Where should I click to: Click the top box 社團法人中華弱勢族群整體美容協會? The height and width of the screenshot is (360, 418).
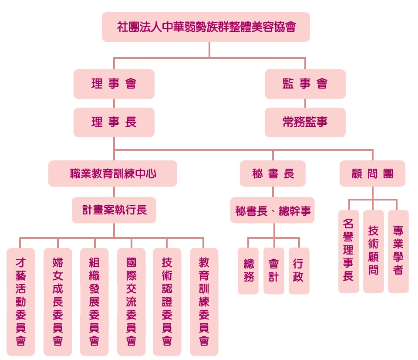pyautogui.click(x=206, y=27)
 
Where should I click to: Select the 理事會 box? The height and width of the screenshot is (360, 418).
pyautogui.click(x=114, y=84)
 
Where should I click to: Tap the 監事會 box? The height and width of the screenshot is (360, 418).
pyautogui.click(x=305, y=84)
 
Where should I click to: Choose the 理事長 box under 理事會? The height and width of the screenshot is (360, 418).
pyautogui.click(x=114, y=122)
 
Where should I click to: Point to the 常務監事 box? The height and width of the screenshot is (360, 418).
pyautogui.click(x=305, y=122)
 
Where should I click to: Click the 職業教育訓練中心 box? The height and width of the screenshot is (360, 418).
pyautogui.click(x=113, y=173)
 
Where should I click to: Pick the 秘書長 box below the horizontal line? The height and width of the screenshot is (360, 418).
pyautogui.click(x=273, y=173)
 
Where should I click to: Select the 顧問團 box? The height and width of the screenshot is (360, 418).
pyautogui.click(x=372, y=173)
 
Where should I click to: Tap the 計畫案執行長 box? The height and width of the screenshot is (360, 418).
pyautogui.click(x=114, y=210)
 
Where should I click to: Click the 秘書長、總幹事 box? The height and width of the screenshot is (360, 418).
pyautogui.click(x=273, y=211)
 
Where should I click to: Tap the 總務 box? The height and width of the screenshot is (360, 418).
pyautogui.click(x=248, y=271)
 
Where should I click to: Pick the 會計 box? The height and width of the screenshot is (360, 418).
pyautogui.click(x=273, y=271)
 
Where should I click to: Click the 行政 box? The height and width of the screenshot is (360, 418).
pyautogui.click(x=299, y=271)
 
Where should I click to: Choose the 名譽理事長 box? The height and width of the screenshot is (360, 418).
pyautogui.click(x=348, y=251)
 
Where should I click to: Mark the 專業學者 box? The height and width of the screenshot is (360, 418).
pyautogui.click(x=398, y=251)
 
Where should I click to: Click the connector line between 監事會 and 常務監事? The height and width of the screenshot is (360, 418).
pyautogui.click(x=305, y=103)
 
